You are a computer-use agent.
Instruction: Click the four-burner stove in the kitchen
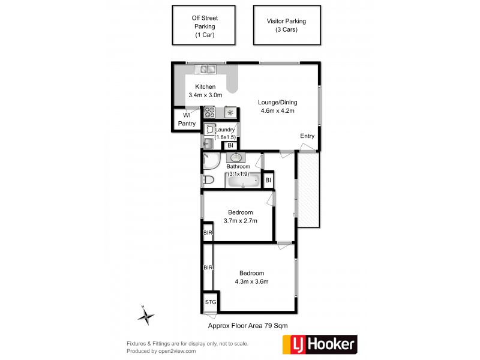209,112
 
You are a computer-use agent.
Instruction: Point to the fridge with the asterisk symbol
230,112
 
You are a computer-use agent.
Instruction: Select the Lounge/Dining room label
278,106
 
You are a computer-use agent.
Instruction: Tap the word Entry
307,136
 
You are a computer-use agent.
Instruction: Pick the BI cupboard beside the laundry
230,145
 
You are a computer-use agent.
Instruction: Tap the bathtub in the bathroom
243,180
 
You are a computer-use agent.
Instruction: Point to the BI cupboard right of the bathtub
268,180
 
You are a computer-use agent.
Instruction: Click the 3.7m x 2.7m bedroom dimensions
240,221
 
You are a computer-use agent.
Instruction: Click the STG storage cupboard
211,302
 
